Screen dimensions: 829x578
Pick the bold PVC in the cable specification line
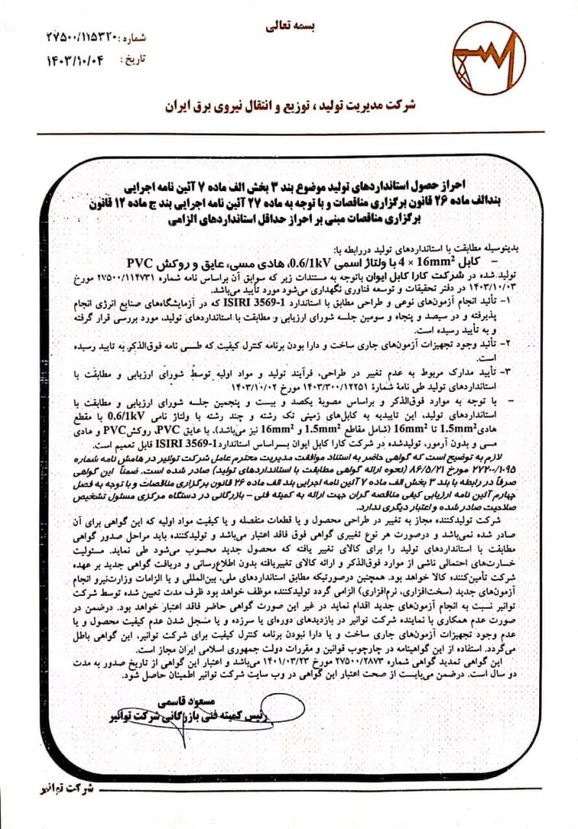point(141,263)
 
